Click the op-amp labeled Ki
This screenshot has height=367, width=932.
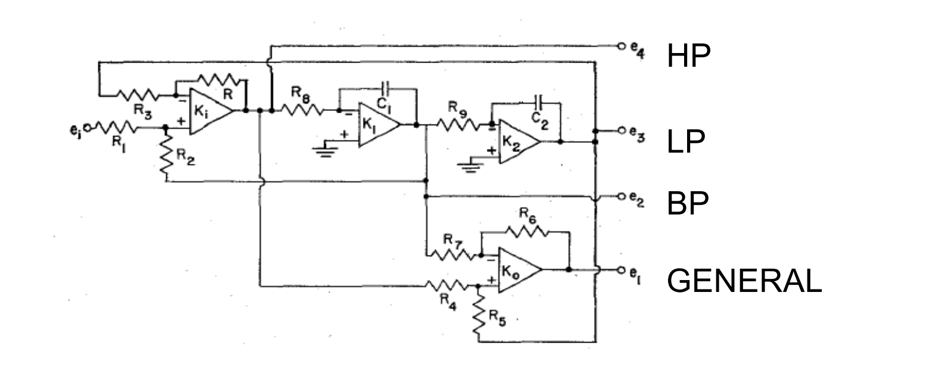point(209,111)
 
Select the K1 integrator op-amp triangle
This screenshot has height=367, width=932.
point(376,125)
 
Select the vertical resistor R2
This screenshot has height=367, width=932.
point(166,154)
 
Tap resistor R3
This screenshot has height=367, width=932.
point(138,95)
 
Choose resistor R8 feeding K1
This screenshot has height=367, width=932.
point(302,110)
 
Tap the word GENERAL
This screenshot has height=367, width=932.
point(744,281)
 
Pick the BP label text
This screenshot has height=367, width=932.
point(688,204)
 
